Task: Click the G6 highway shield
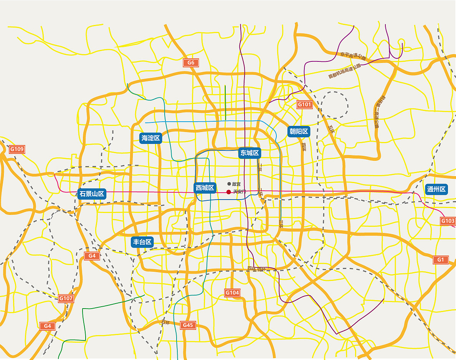click(191, 63)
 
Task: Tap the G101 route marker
click(304, 104)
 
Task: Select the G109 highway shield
click(17, 149)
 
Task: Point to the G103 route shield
click(448, 221)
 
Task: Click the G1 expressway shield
click(441, 260)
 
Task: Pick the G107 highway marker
click(66, 298)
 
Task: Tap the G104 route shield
click(232, 293)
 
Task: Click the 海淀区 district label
click(150, 138)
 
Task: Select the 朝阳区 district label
click(299, 132)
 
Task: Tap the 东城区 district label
click(249, 153)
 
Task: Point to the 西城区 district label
click(205, 188)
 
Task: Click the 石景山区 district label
click(92, 193)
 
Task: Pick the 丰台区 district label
click(143, 242)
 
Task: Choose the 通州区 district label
click(437, 189)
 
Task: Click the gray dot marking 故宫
click(229, 184)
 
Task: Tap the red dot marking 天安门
click(228, 192)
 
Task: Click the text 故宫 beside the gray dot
click(236, 184)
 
